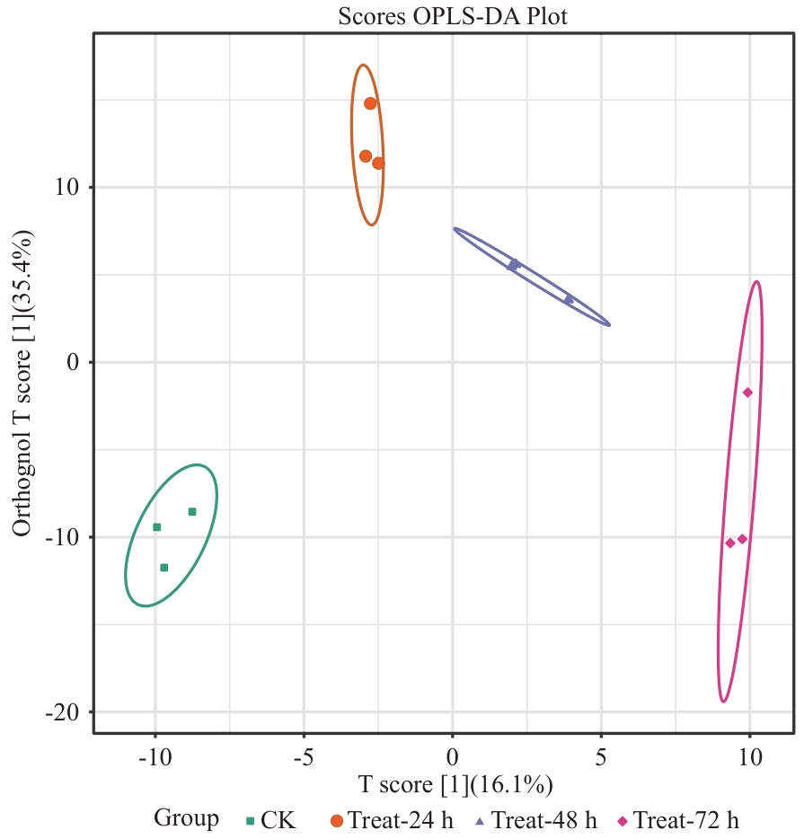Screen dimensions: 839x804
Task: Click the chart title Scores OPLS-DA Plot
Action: (x=453, y=17)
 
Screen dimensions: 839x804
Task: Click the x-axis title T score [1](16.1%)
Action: (x=455, y=784)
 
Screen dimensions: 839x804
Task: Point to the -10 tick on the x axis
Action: (x=155, y=757)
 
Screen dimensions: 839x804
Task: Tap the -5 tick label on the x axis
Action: (x=304, y=757)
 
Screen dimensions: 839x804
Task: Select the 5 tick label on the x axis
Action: (x=601, y=757)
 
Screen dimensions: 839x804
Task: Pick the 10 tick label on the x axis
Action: (x=749, y=757)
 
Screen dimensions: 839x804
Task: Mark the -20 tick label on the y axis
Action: (x=65, y=712)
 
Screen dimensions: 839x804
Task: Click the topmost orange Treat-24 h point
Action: (x=370, y=103)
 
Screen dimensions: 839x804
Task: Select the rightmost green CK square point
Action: (x=192, y=512)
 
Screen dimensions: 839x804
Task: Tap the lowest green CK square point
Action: (x=164, y=568)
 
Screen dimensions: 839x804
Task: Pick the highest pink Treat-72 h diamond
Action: (x=747, y=393)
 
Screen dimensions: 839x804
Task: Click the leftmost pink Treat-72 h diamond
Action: (x=730, y=543)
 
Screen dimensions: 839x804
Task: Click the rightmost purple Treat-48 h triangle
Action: (x=569, y=299)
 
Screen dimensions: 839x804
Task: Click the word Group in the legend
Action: (x=186, y=818)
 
